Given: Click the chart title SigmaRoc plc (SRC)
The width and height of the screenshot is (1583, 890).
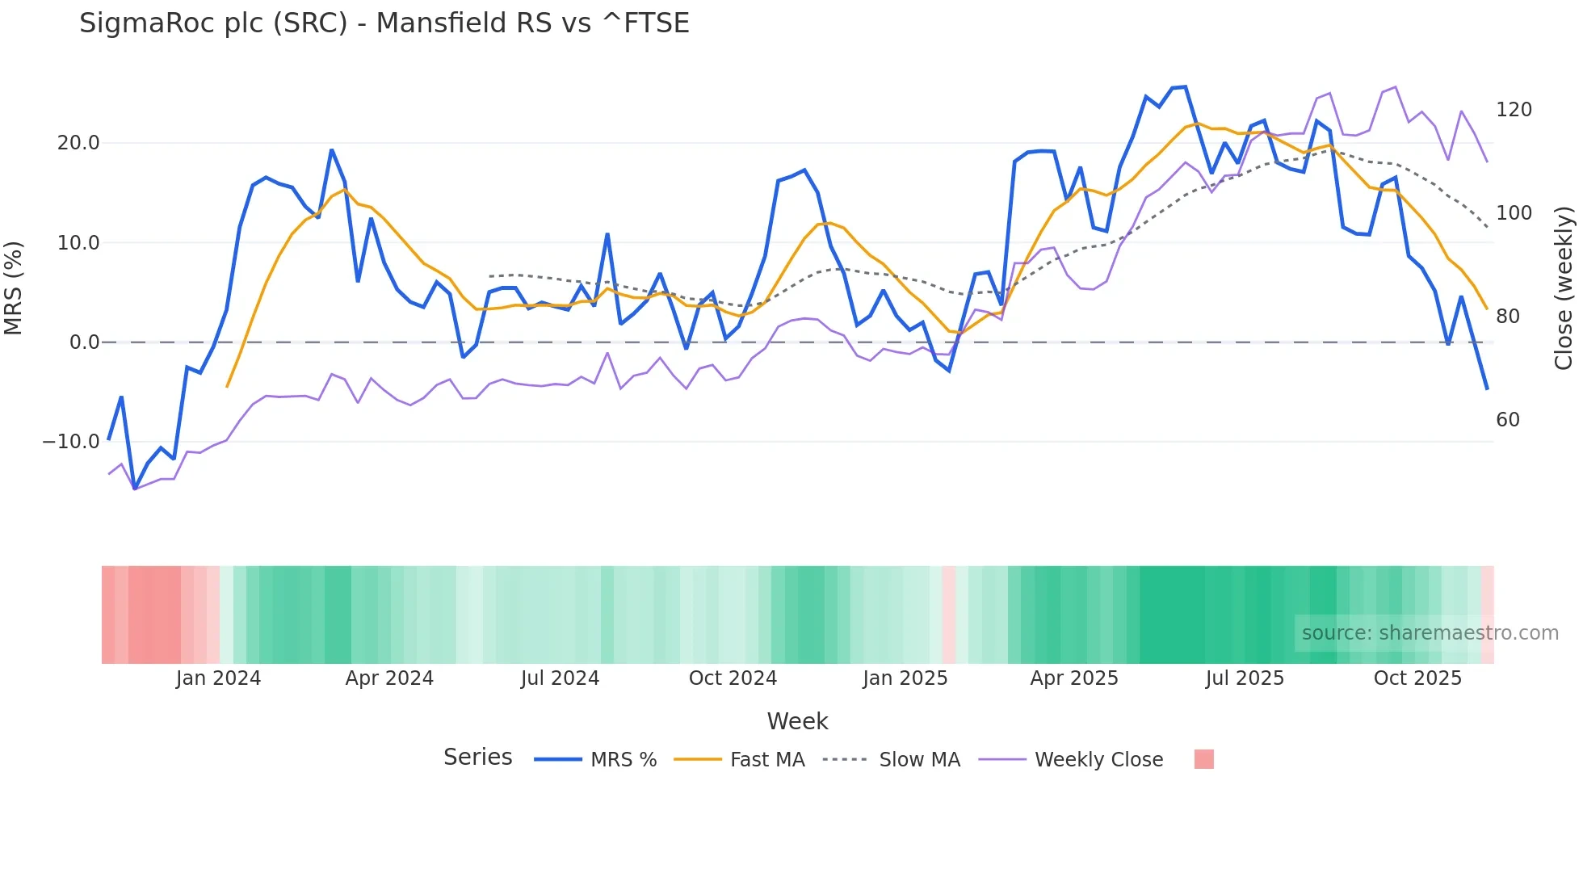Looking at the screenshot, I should click(x=384, y=23).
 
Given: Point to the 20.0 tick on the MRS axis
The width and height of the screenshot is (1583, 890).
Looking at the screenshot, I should click(x=78, y=143).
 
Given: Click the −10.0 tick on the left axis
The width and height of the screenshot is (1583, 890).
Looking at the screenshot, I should click(x=71, y=442).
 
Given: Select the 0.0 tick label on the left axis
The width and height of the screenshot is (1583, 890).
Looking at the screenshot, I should click(x=84, y=342).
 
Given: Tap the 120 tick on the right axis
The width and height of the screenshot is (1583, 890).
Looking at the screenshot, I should click(x=1514, y=110).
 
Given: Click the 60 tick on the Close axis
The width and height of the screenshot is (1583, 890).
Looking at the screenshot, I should click(x=1507, y=420).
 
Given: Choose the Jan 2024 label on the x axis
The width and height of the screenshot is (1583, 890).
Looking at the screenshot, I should click(x=218, y=678).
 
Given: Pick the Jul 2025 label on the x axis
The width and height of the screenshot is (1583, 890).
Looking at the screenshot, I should click(x=1245, y=678).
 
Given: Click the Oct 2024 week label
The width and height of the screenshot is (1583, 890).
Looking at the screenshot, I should click(x=733, y=678).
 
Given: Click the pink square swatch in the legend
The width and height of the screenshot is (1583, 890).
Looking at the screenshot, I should click(x=1203, y=759).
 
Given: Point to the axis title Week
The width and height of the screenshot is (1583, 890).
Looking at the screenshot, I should click(x=797, y=721).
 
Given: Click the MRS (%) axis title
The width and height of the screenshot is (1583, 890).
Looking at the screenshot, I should click(x=14, y=288).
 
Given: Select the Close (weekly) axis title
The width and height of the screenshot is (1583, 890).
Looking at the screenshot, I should click(x=1564, y=288).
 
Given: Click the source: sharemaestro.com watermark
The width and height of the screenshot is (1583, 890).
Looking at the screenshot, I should click(x=1430, y=633).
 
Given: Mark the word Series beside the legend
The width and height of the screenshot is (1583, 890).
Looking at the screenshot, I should click(x=477, y=758).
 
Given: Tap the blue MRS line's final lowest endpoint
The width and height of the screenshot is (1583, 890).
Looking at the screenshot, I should click(x=1487, y=389).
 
